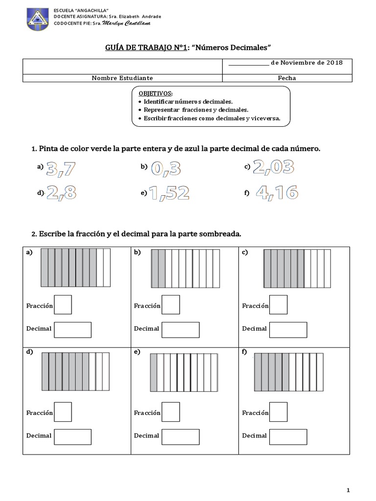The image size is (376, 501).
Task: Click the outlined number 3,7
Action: tap(62, 168)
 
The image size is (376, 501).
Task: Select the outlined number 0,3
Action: tap(166, 168)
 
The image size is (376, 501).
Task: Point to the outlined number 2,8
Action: tap(62, 193)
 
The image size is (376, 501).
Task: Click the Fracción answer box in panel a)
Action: tap(63, 305)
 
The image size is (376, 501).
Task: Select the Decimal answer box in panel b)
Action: tap(180, 330)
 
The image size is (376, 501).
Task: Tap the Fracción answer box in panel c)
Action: tap(279, 305)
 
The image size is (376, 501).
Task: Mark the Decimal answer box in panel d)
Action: tap(72, 436)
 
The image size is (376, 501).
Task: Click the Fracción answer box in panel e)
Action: tap(170, 411)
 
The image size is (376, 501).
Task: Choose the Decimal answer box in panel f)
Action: tap(288, 436)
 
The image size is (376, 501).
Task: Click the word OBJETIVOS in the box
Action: tap(156, 93)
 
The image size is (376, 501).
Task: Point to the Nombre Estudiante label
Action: tap(122, 78)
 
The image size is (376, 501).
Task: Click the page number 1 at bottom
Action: tap(348, 490)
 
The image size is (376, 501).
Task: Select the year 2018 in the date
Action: tap(333, 63)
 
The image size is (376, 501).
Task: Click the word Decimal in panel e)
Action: tap(146, 435)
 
